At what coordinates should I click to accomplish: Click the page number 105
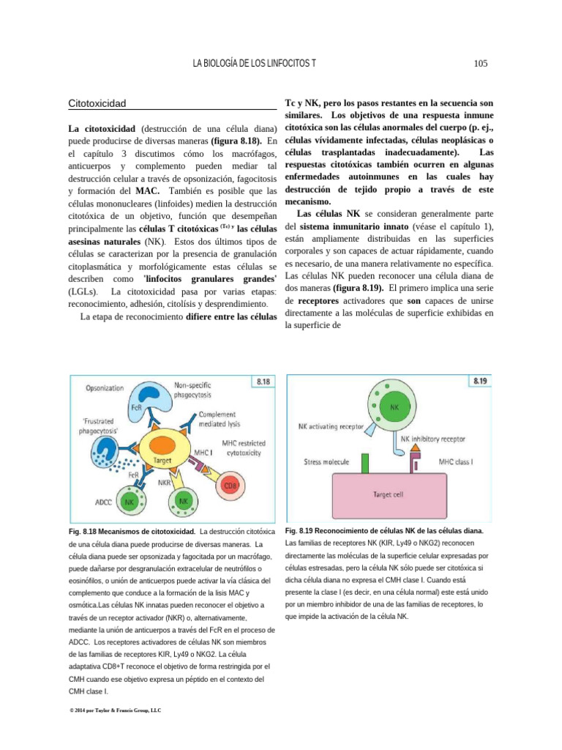tap(481, 64)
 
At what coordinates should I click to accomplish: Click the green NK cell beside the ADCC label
tap(128, 503)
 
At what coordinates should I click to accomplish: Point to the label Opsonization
tap(105, 387)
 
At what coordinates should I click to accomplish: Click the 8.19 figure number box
tap(481, 381)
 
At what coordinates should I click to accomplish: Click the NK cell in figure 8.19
tap(394, 406)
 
